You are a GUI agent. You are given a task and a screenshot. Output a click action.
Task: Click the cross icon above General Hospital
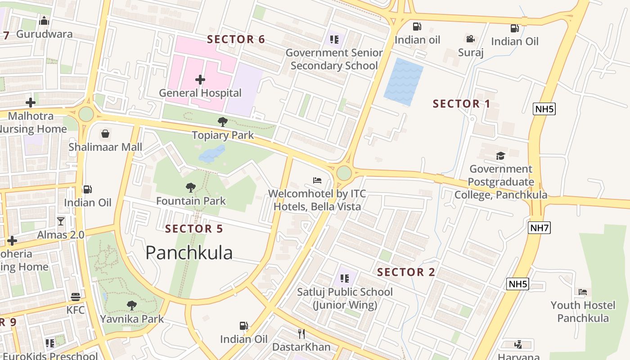pyautogui.click(x=200, y=80)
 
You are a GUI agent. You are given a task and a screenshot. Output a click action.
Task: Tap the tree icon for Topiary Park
pyautogui.click(x=222, y=122)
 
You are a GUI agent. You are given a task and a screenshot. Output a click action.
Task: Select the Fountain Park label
pyautogui.click(x=191, y=201)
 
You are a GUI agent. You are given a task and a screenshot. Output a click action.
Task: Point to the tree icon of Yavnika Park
pyautogui.click(x=131, y=306)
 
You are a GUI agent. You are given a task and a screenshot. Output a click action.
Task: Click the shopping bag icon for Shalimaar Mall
pyautogui.click(x=105, y=134)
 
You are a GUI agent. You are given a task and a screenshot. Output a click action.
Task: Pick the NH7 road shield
pyautogui.click(x=540, y=228)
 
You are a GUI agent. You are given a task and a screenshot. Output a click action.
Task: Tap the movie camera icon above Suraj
pyautogui.click(x=471, y=39)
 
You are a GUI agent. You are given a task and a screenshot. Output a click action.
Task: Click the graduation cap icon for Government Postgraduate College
pyautogui.click(x=500, y=156)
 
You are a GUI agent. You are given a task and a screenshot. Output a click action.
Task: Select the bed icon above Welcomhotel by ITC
pyautogui.click(x=317, y=180)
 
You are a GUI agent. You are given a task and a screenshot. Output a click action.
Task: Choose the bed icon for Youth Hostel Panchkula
pyautogui.click(x=583, y=292)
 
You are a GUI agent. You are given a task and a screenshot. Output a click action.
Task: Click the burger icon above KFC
pyautogui.click(x=75, y=297)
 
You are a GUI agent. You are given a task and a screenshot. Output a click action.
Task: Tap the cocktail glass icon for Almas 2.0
pyautogui.click(x=61, y=221)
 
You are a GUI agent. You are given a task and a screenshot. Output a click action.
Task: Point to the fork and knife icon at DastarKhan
pyautogui.click(x=301, y=333)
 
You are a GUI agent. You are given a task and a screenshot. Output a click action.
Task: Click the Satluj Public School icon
pyautogui.click(x=345, y=279)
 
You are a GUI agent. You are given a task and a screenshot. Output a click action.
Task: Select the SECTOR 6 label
pyautogui.click(x=236, y=40)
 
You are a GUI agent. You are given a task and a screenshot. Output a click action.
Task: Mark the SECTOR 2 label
pyautogui.click(x=406, y=272)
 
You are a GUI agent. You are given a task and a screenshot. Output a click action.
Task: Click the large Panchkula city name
pyautogui.click(x=189, y=253)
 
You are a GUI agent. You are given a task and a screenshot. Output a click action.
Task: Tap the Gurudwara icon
pyautogui.click(x=44, y=21)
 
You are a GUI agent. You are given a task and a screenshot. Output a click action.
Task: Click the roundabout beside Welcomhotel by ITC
pyautogui.click(x=344, y=173)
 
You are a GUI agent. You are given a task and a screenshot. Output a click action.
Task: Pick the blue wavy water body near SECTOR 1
pyautogui.click(x=403, y=81)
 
